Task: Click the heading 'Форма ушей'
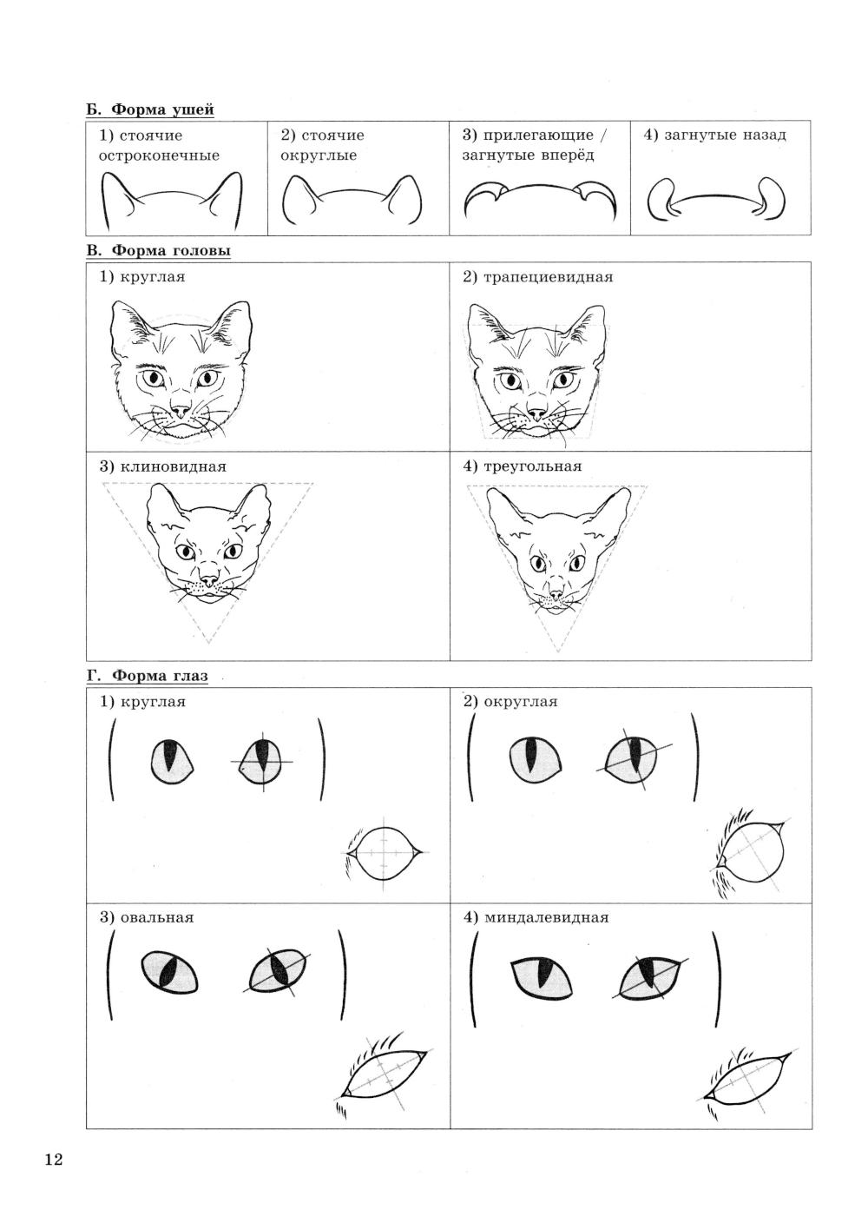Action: coord(162,109)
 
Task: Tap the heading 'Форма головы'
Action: coord(171,251)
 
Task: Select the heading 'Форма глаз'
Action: coord(160,676)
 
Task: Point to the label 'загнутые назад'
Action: coord(725,135)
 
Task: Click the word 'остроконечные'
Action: coord(159,155)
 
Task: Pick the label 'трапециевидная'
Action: coord(548,277)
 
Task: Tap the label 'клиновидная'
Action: coord(173,466)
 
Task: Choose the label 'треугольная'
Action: coord(532,466)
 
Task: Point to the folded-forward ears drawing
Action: coord(540,198)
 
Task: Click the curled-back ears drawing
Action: coord(717,199)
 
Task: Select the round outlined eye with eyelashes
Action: coord(384,852)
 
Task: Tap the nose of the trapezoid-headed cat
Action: coord(537,413)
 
